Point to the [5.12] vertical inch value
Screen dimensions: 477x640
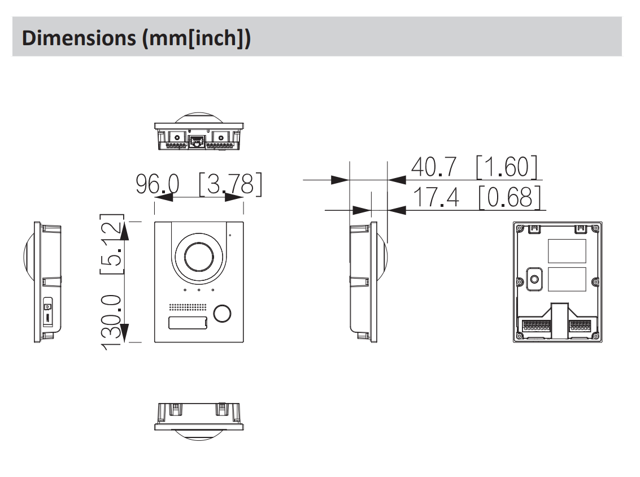pyautogui.click(x=112, y=244)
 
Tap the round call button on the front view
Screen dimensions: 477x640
pyautogui.click(x=222, y=313)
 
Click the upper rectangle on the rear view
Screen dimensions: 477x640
pyautogui.click(x=566, y=250)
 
